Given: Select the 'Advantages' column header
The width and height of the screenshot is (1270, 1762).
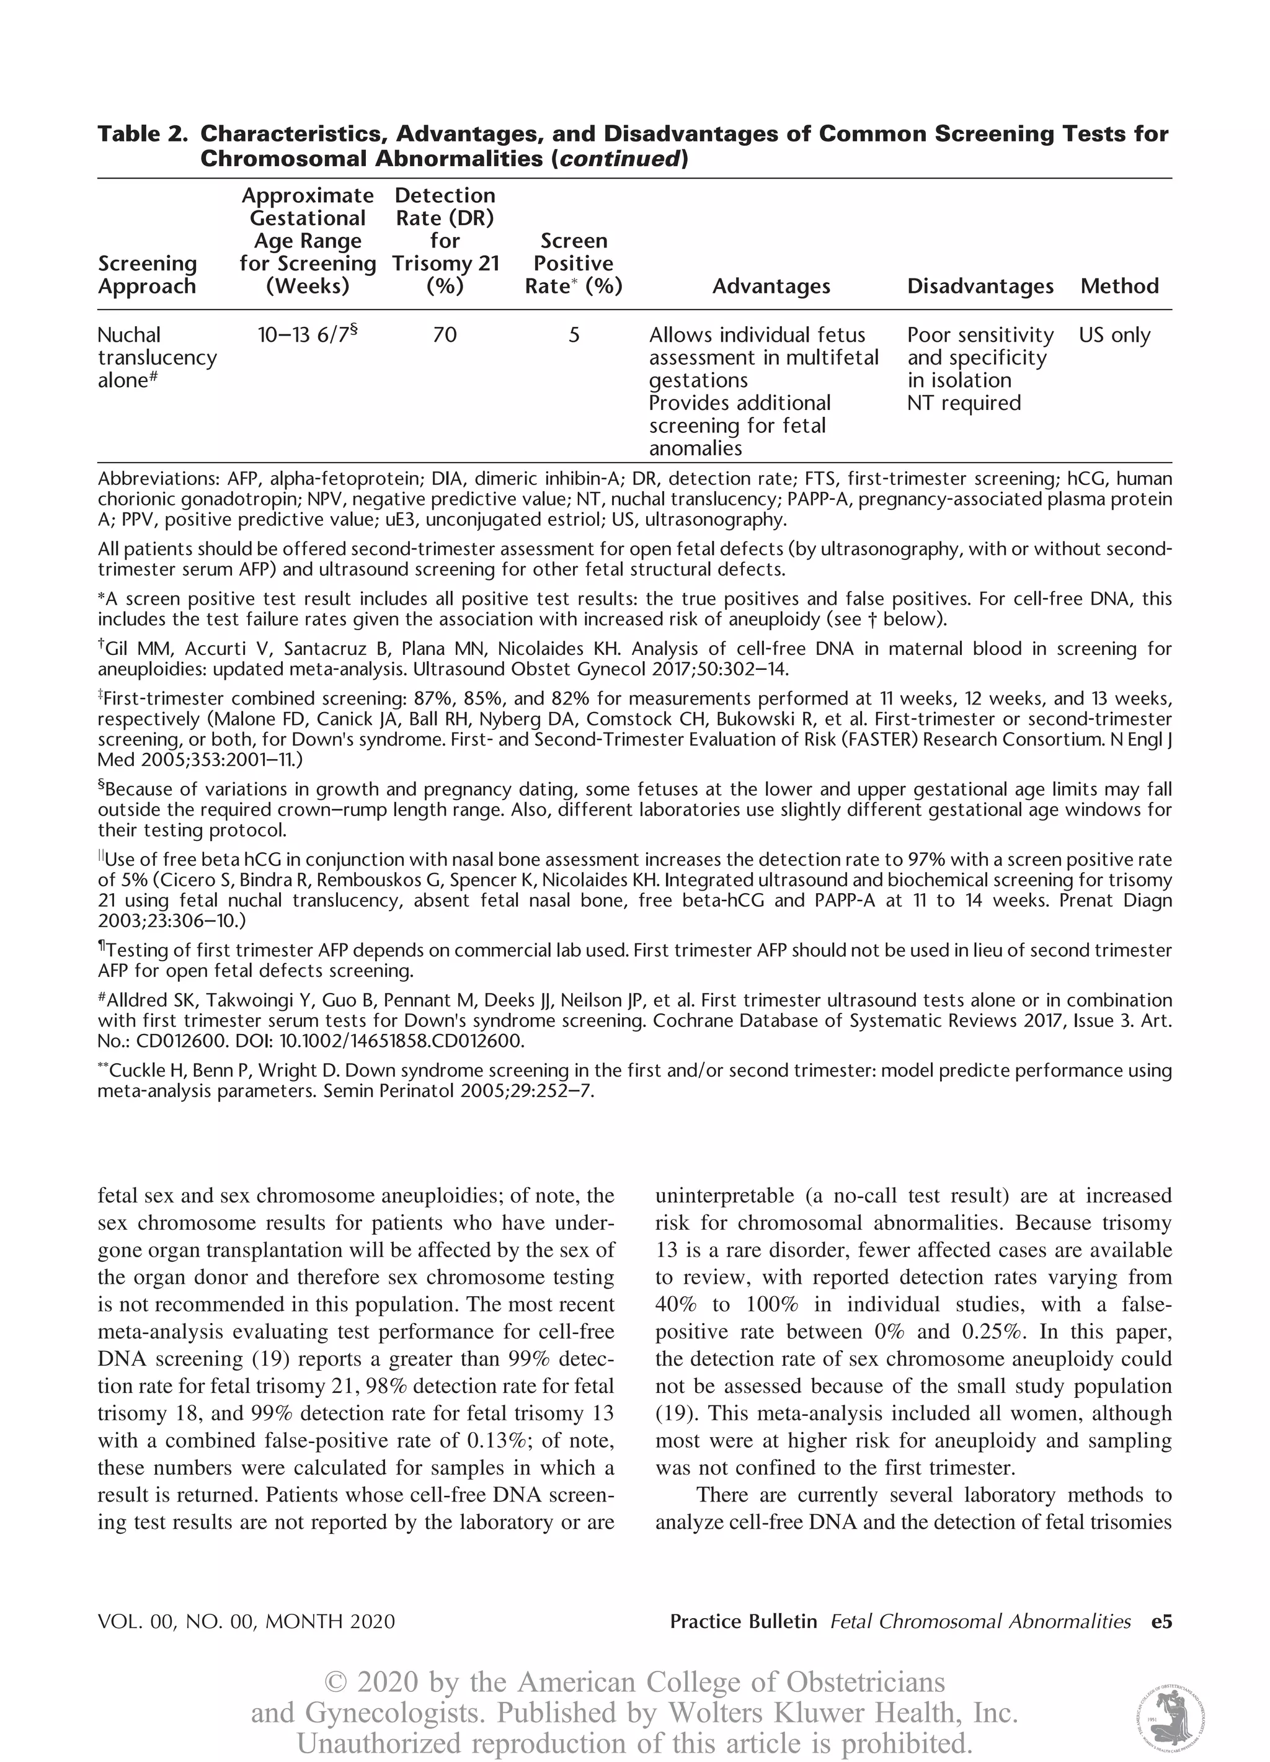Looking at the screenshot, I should click(771, 287).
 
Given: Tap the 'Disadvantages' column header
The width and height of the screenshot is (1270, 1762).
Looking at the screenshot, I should click(980, 287).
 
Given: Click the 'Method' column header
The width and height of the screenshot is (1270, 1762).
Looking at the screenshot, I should click(1119, 287).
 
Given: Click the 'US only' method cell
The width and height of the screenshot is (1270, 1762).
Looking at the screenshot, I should click(1114, 335).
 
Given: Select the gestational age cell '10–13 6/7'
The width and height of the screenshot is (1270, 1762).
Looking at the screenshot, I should click(307, 335).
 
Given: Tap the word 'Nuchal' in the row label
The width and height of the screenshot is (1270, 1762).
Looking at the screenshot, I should click(129, 335).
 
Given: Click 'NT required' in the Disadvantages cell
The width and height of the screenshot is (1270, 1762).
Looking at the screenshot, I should click(963, 403).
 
